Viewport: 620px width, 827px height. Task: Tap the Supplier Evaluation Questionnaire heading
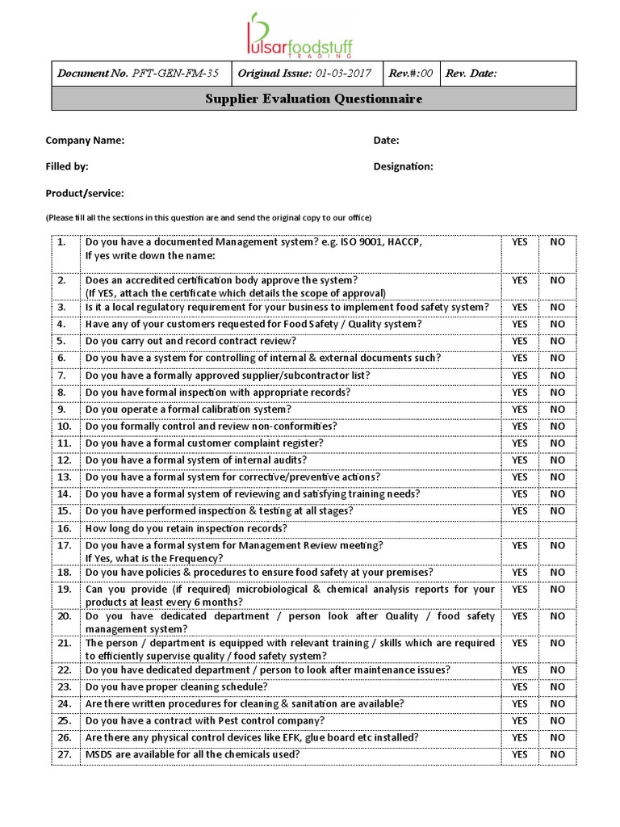314,99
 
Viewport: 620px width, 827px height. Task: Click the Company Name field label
85,141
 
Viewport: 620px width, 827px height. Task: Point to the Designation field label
403,166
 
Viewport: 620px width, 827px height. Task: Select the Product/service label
85,194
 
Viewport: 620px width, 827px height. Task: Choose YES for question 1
519,242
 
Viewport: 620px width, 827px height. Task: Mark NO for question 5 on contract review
557,341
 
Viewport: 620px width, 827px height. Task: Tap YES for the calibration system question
519,409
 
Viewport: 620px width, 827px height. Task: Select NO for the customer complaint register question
557,443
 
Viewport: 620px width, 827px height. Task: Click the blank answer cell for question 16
538,528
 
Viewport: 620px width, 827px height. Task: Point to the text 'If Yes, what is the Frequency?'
154,559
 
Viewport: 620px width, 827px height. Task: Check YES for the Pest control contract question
519,720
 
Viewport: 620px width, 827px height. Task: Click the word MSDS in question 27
99,754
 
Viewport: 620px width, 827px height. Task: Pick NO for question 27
557,754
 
